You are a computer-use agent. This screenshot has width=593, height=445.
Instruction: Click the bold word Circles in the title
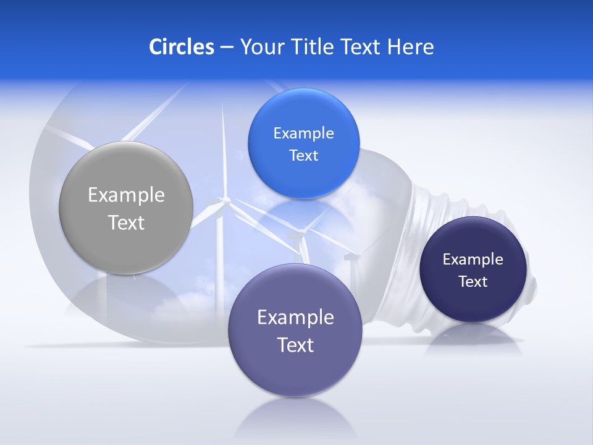(x=182, y=47)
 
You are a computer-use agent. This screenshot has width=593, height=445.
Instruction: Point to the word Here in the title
(x=410, y=47)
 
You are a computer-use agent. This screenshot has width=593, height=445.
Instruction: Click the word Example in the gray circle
(x=126, y=195)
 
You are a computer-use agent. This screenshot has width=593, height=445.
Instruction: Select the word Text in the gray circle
(x=126, y=222)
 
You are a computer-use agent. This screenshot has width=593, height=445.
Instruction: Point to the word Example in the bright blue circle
(x=303, y=133)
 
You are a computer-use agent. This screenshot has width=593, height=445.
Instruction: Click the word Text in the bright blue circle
(x=303, y=156)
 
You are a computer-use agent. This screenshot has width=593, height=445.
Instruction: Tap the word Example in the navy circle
(x=473, y=260)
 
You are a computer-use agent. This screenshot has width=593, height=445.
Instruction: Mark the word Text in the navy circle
(x=473, y=282)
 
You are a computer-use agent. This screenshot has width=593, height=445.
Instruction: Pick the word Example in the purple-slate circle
(x=295, y=318)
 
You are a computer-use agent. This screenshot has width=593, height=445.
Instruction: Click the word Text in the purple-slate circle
(x=295, y=345)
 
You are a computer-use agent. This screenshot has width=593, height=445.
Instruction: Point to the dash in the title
(x=227, y=48)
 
